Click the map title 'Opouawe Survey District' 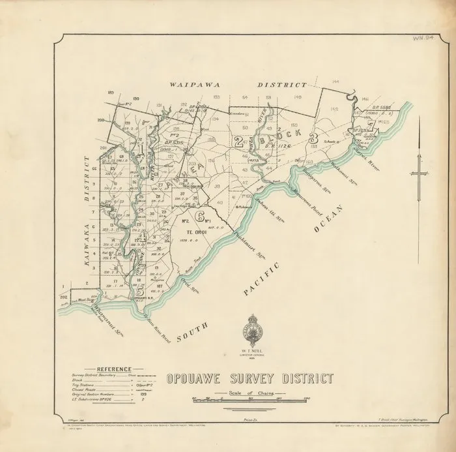[x=249, y=379]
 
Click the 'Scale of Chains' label [x=249, y=394]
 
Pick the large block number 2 [x=240, y=142]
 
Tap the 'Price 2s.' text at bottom [x=249, y=422]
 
